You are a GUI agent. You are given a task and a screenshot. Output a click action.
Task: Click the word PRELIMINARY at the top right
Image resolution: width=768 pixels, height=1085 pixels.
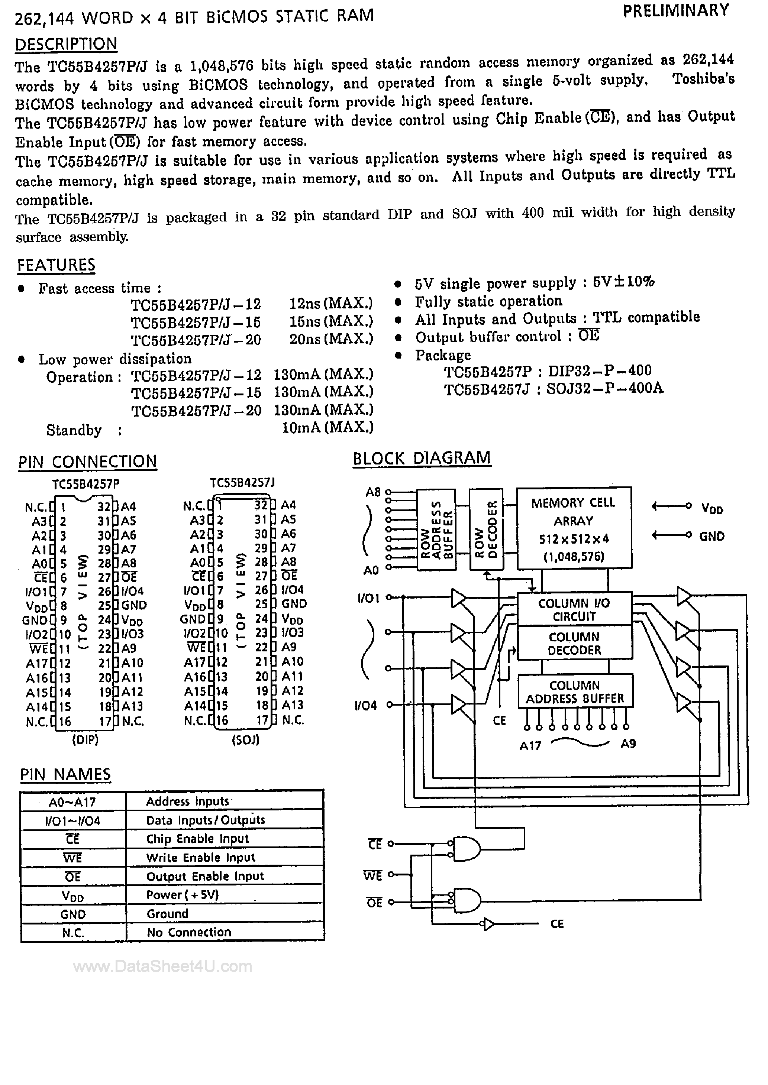[676, 11]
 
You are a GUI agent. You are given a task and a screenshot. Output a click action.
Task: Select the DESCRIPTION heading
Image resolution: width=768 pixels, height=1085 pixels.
[66, 44]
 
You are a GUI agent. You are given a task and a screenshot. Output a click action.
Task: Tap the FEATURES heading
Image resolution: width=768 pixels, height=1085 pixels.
[56, 265]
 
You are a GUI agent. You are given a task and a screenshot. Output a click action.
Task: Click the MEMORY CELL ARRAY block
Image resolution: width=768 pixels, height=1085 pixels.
[574, 528]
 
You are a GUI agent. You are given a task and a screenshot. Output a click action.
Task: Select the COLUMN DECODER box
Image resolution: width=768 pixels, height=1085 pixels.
[574, 643]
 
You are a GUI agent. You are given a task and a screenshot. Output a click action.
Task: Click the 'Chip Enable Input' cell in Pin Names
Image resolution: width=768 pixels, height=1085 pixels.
[197, 839]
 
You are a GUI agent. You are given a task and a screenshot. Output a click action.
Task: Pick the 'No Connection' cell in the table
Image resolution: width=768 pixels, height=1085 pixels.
[189, 932]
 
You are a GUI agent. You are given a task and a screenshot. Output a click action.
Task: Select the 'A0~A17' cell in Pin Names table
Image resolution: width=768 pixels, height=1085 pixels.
[72, 802]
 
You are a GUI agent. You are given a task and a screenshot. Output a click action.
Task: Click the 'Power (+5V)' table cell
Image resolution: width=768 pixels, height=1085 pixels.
[183, 894]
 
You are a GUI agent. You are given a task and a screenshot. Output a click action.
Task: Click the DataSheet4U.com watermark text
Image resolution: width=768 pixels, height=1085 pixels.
[162, 966]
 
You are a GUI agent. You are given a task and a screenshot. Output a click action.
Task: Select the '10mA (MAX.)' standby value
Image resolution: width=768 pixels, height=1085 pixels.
[327, 428]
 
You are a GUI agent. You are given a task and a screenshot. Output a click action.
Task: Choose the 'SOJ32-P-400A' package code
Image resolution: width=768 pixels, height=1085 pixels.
[605, 388]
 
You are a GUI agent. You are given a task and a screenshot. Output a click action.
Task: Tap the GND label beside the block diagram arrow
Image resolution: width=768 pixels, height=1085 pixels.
[712, 536]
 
